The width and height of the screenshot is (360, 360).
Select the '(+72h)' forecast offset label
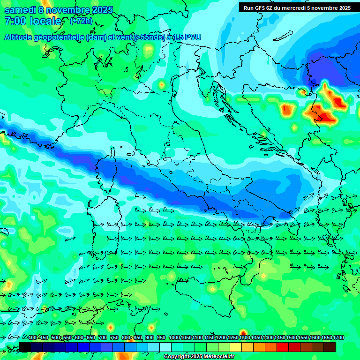(x=81, y=21)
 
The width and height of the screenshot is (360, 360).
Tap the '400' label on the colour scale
(x=32, y=338)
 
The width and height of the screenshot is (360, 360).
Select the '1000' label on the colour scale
(x=174, y=338)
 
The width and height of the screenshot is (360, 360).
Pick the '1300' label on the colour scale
(x=245, y=338)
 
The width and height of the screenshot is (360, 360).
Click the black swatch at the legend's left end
(x=24, y=347)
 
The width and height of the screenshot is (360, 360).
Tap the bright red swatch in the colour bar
(x=283, y=347)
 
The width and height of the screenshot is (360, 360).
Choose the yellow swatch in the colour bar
(x=236, y=347)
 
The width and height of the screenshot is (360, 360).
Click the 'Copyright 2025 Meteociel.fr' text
(x=199, y=357)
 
